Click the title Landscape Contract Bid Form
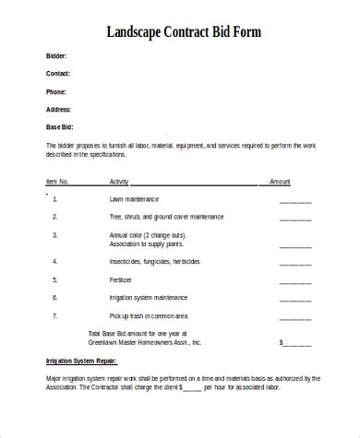184,32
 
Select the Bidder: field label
56,57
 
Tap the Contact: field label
58,75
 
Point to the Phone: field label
56,91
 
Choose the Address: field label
58,109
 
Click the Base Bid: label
59,126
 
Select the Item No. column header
57,182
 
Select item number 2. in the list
55,217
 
